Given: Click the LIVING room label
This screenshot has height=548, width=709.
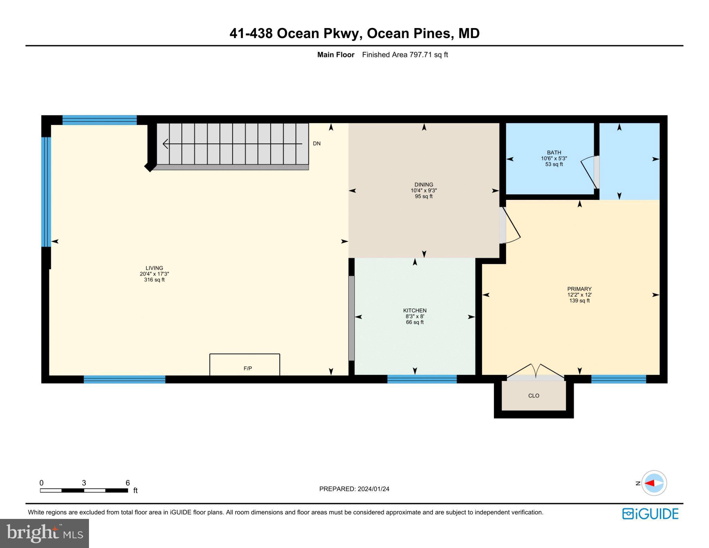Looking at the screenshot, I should coord(154,268).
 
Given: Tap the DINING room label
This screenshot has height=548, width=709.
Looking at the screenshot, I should coord(424,185).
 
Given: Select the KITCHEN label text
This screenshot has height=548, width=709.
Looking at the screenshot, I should coord(415,310).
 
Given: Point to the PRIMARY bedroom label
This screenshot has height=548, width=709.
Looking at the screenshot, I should coord(579,289).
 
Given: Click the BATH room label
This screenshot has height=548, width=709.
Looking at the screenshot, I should coord(554,152).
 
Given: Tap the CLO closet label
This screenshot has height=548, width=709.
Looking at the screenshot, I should coord(533,396).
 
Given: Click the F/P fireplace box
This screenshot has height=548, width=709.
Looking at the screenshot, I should coord(245,364).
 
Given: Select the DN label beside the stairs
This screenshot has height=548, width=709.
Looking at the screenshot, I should coord(316,143).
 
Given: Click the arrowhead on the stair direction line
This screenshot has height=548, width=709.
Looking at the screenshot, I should coord(165,144).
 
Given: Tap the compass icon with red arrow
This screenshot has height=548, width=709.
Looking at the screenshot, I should coord(654,483).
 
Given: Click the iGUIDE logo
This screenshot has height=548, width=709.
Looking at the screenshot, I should coord(650,514).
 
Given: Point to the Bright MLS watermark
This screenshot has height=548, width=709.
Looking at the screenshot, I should coord(44,533).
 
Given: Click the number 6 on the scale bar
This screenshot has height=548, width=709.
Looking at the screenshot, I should coord(127,483).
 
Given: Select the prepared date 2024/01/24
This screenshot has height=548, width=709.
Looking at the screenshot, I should coord(373,489).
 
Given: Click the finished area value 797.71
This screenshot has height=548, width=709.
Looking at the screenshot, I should coord(420,55).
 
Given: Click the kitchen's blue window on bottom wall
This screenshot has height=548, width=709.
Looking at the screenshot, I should coord(422,379).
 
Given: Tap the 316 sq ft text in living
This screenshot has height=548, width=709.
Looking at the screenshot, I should coord(154,280).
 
